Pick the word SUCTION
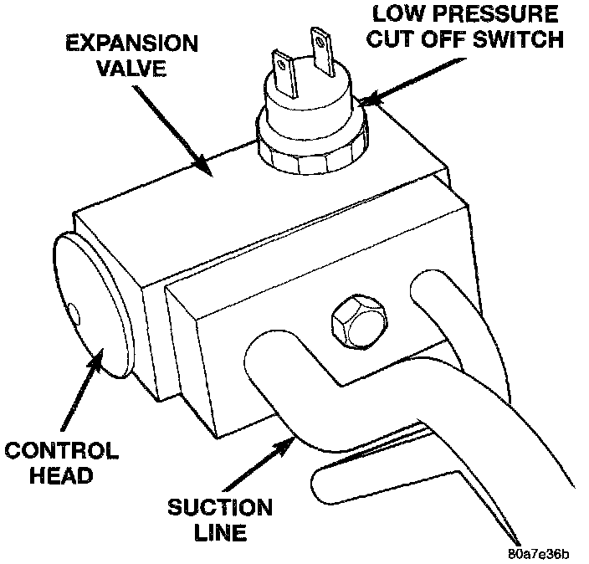[219, 507]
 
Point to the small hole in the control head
[75, 314]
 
